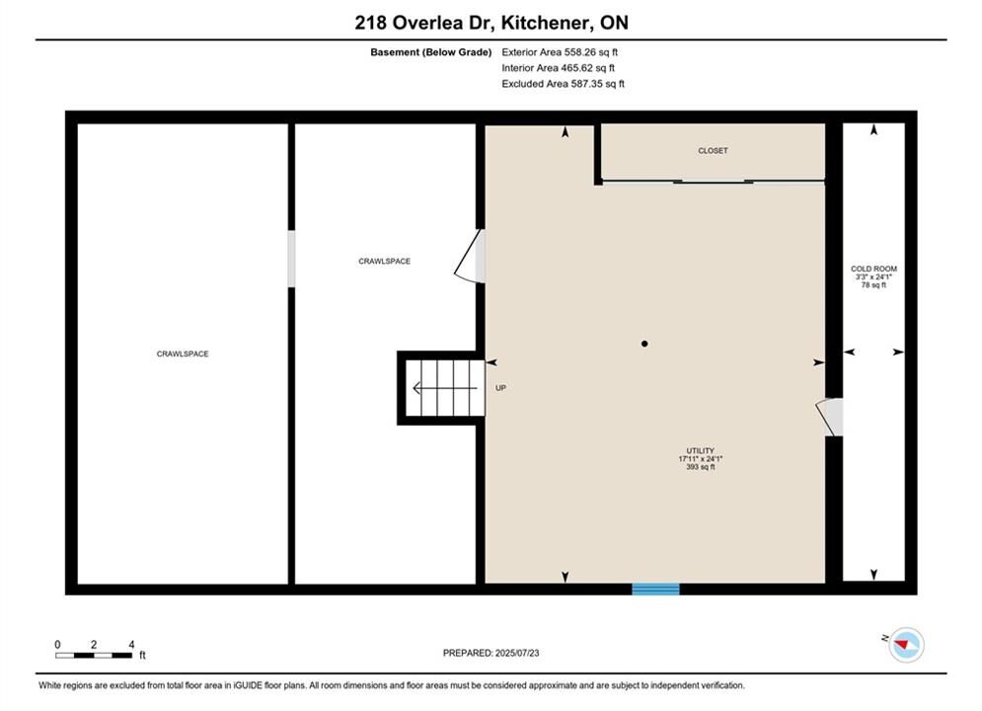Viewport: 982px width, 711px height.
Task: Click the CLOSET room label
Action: click(x=713, y=150)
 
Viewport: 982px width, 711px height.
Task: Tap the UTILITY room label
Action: click(x=700, y=450)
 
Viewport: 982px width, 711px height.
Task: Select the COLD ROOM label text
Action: click(x=873, y=269)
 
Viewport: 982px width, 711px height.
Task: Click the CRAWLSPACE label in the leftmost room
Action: click(x=183, y=354)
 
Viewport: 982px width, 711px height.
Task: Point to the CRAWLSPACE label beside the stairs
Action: click(x=385, y=262)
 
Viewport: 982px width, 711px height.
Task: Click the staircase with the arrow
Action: click(x=445, y=388)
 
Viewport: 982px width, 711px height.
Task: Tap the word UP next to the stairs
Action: click(x=501, y=388)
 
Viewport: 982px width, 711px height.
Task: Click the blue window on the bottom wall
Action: click(x=655, y=589)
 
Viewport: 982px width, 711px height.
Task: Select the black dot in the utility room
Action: click(x=644, y=344)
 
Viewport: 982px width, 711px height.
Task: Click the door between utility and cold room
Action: click(x=830, y=417)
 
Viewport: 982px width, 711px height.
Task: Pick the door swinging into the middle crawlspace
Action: click(x=470, y=256)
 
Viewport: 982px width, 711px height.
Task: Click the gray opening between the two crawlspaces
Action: click(x=291, y=259)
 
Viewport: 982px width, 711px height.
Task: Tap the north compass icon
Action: click(x=906, y=644)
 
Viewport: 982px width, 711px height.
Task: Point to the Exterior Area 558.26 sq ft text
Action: click(x=560, y=52)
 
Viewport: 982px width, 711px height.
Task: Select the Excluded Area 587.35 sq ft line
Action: click(x=563, y=83)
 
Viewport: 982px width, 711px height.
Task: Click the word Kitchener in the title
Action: click(x=546, y=23)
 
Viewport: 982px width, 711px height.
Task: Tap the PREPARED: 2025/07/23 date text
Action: click(x=491, y=653)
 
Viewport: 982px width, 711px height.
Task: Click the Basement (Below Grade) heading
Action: click(x=431, y=52)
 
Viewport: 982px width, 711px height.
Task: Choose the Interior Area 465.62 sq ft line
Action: click(x=558, y=68)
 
